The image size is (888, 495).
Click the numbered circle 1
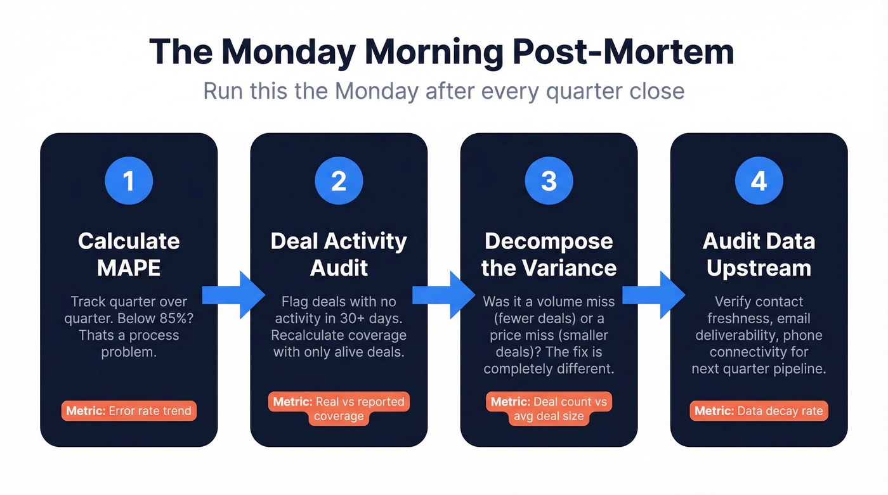click(x=129, y=181)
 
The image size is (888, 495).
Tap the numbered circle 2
click(x=339, y=181)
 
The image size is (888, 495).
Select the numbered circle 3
click(x=549, y=181)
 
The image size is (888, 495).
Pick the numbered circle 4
click(x=759, y=181)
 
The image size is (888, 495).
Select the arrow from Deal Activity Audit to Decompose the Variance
click(x=443, y=295)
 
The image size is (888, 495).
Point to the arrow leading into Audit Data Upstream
click(x=653, y=295)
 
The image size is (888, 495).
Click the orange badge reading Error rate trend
click(x=129, y=411)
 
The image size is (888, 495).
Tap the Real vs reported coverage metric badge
click(x=339, y=409)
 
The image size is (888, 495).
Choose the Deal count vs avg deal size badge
click(x=549, y=409)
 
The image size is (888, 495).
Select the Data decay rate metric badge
click(x=759, y=411)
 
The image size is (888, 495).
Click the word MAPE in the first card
click(x=129, y=267)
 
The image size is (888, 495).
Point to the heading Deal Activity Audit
click(x=339, y=254)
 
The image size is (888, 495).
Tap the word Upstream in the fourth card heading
click(x=759, y=267)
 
